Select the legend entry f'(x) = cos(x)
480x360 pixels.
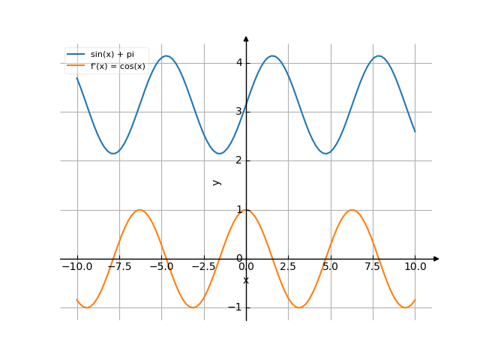117,66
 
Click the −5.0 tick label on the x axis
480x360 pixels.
160,266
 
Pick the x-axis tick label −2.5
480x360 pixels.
202,266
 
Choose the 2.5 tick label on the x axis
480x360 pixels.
289,266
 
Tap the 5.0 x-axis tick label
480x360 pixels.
331,266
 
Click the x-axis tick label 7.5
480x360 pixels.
373,266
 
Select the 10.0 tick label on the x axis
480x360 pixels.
415,266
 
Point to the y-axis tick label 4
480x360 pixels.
239,62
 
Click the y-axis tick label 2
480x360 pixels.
239,160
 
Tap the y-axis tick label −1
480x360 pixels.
237,307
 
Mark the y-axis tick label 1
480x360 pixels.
239,210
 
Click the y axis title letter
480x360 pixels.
217,182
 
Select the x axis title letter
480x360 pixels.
246,280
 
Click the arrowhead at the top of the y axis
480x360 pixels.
246,38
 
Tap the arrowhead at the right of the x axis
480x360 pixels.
436,259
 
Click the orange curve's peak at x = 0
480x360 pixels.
246,210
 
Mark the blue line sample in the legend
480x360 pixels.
76,55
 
